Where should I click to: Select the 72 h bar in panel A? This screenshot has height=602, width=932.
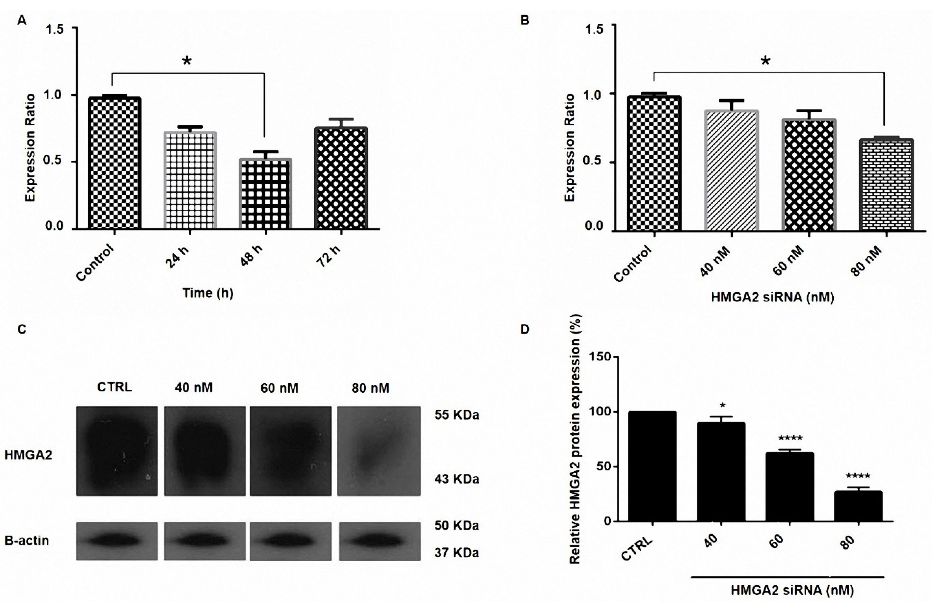341,178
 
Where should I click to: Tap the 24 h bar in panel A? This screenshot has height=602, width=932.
190,180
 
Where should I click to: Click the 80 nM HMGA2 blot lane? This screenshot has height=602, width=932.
379,451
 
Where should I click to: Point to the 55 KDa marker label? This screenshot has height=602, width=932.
457,415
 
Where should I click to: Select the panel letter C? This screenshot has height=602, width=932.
22,329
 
